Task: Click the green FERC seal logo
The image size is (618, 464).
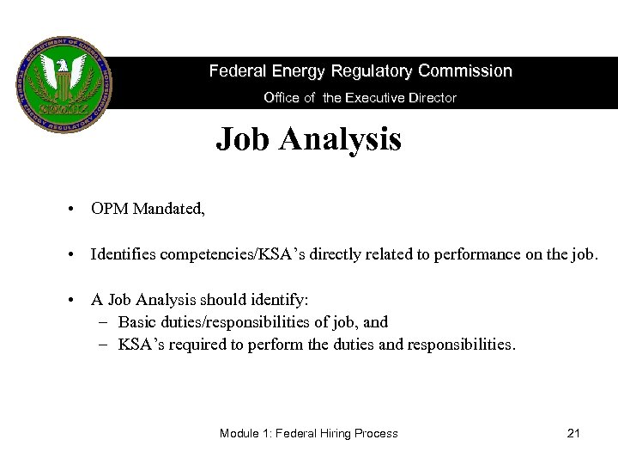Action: tap(64, 83)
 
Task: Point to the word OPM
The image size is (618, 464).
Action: tap(111, 210)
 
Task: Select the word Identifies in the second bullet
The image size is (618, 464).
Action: tap(126, 255)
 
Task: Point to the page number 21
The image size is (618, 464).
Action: tap(574, 433)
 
